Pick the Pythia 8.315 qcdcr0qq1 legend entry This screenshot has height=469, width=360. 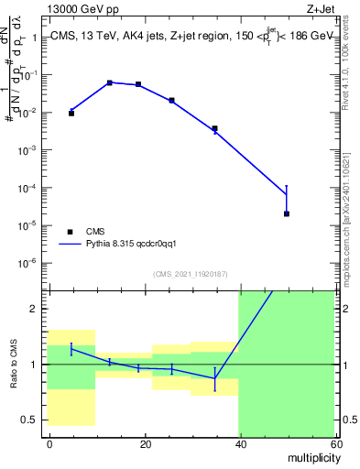pos(123,245)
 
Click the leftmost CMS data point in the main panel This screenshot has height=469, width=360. pos(71,113)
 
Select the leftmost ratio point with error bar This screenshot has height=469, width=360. pos(71,349)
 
